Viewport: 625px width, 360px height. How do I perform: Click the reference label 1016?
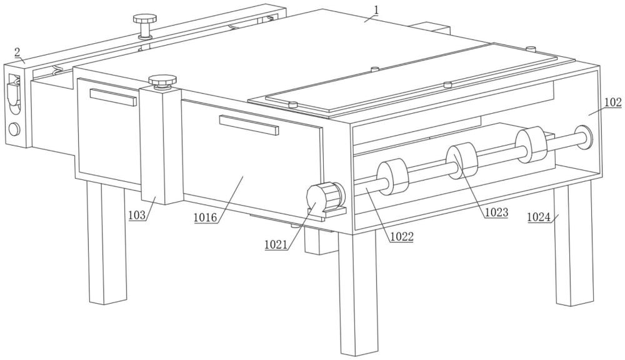click(x=206, y=217)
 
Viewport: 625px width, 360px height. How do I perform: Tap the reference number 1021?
click(x=276, y=244)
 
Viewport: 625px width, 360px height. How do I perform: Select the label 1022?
click(x=402, y=236)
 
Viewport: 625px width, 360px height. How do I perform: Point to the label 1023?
click(x=496, y=212)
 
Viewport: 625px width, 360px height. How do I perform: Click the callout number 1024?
click(x=539, y=217)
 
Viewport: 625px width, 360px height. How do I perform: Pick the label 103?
click(x=137, y=215)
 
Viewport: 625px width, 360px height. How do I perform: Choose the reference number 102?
click(x=613, y=102)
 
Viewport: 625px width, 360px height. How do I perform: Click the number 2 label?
click(x=17, y=52)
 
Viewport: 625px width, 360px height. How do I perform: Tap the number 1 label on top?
click(x=376, y=9)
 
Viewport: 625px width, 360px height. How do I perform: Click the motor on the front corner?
click(x=325, y=197)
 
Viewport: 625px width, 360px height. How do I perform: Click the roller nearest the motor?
click(x=393, y=177)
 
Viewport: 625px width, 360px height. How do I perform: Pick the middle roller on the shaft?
click(x=462, y=161)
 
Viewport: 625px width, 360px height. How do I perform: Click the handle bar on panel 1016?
click(x=249, y=125)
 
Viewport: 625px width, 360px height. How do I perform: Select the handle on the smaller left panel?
click(x=113, y=97)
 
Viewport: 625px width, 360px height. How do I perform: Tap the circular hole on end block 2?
click(x=14, y=129)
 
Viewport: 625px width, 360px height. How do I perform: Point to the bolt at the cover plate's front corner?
click(x=293, y=105)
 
